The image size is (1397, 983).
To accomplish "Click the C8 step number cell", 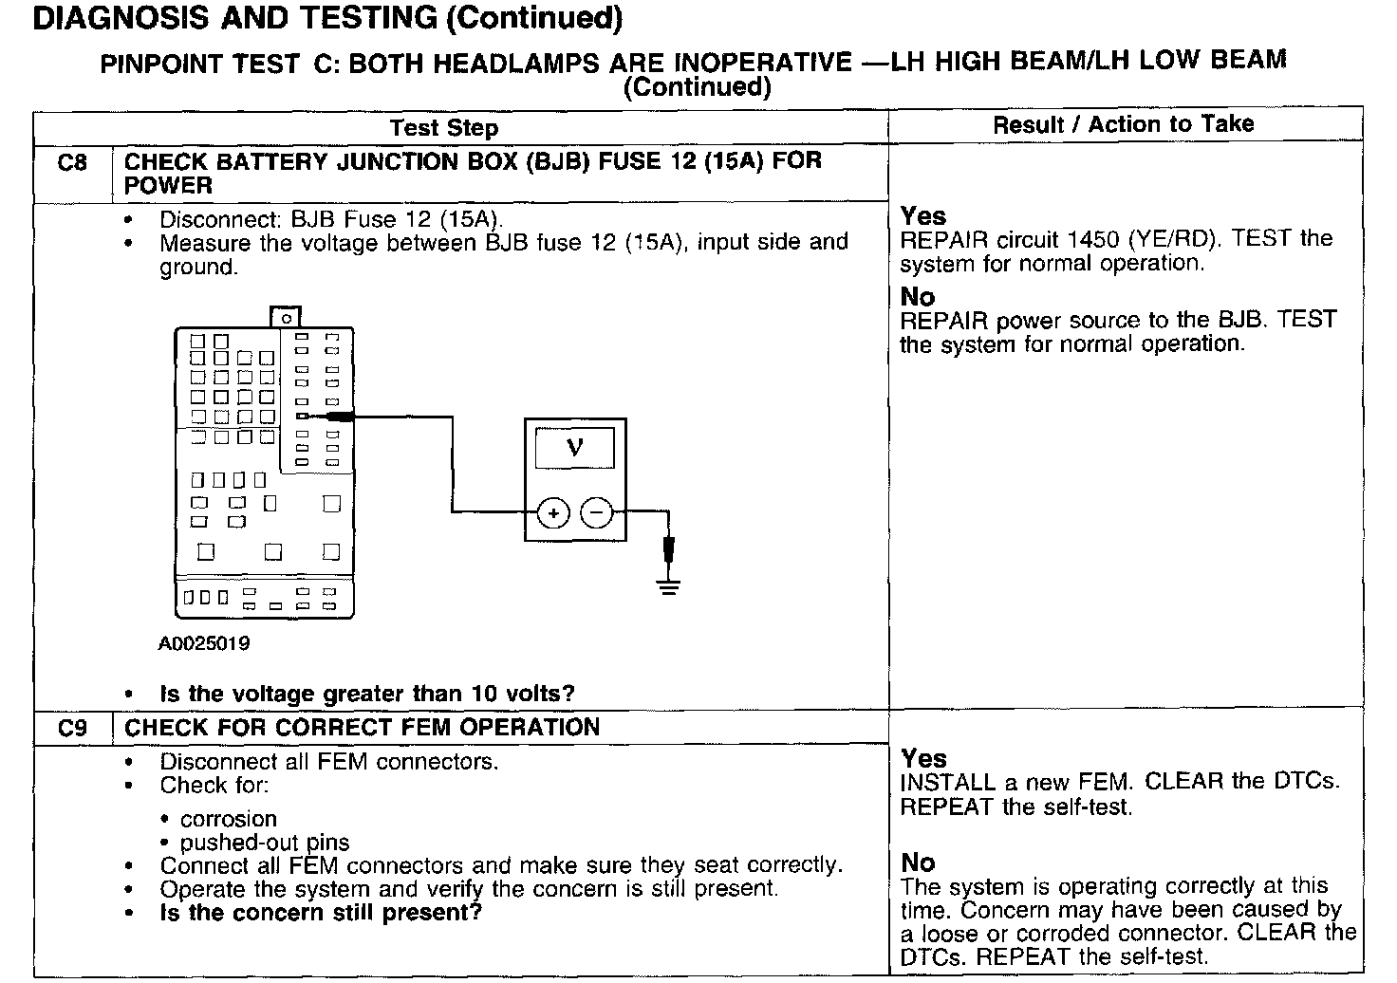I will [x=72, y=162].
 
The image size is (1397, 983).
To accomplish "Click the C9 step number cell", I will [x=72, y=728].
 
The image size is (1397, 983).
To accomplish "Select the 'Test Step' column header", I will [x=443, y=128].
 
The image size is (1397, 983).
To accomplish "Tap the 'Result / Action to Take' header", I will [x=1123, y=124].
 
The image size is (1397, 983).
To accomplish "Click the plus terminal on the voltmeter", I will [x=553, y=513].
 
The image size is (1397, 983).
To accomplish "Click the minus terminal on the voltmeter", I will [x=597, y=513].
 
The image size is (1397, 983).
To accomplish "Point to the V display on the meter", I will [x=574, y=447].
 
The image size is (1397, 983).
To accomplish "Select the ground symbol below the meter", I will [x=669, y=584].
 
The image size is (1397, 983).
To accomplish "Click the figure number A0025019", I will [x=204, y=643].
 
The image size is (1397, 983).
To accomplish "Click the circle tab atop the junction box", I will [x=286, y=318].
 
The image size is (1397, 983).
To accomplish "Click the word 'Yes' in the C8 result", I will [x=922, y=216].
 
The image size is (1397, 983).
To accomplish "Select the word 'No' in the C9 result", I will [x=918, y=862].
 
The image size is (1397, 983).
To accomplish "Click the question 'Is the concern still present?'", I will [x=321, y=913].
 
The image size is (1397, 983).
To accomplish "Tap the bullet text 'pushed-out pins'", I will [x=265, y=843].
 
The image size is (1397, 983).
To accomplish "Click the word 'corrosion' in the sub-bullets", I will [x=229, y=819].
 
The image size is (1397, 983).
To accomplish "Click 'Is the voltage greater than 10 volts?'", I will [x=367, y=694].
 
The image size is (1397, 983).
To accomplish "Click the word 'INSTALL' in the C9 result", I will [x=947, y=783].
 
